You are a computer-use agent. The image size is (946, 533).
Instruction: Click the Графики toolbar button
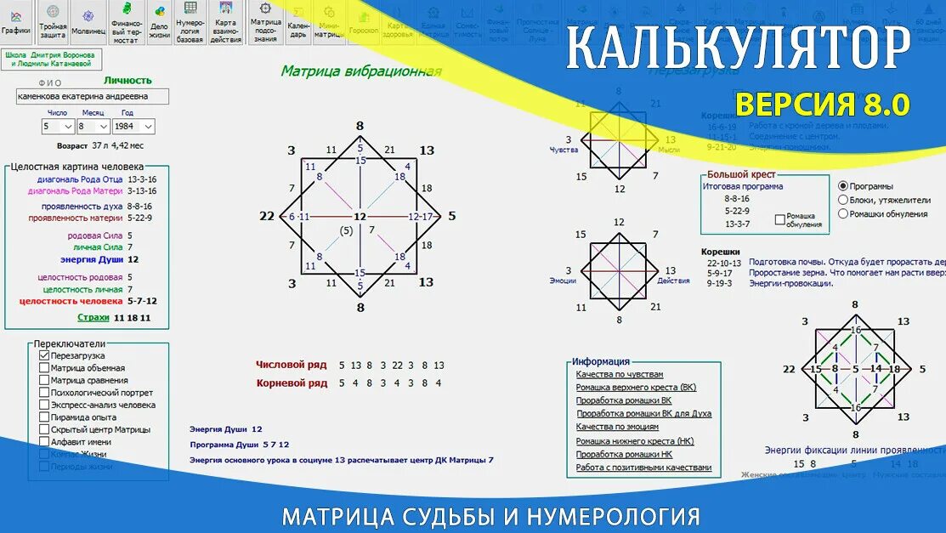(16, 22)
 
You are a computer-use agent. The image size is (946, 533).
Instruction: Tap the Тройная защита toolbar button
(53, 22)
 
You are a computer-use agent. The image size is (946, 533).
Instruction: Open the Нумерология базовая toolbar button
(190, 22)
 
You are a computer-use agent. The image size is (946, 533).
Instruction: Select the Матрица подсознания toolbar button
(266, 22)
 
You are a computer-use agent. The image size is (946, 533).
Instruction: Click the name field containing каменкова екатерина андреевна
(92, 97)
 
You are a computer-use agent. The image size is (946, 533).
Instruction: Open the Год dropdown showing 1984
(135, 126)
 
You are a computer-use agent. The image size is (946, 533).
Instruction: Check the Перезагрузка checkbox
(44, 355)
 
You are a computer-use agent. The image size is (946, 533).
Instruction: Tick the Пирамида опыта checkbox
(44, 417)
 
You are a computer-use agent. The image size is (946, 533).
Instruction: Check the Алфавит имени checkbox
(44, 442)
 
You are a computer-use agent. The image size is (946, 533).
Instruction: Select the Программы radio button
(843, 186)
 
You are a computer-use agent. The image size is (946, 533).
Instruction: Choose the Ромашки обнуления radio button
(843, 213)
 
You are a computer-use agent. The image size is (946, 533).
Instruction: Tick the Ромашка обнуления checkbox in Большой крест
(780, 219)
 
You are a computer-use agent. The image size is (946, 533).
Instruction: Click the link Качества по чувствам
(619, 375)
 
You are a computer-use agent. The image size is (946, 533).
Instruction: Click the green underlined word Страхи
(93, 317)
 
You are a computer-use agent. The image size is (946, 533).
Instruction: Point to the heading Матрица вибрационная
(361, 71)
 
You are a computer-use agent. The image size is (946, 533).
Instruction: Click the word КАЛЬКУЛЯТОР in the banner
(738, 48)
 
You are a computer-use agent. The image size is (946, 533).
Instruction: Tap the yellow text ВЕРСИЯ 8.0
(822, 105)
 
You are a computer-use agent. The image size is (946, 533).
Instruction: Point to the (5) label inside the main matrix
(346, 230)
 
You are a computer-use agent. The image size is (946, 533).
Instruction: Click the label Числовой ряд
(292, 365)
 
